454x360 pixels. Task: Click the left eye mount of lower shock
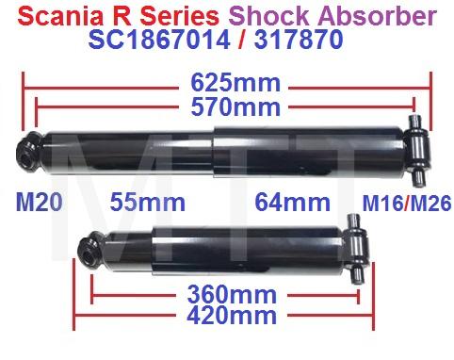point(87,248)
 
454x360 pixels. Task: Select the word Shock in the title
point(276,16)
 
